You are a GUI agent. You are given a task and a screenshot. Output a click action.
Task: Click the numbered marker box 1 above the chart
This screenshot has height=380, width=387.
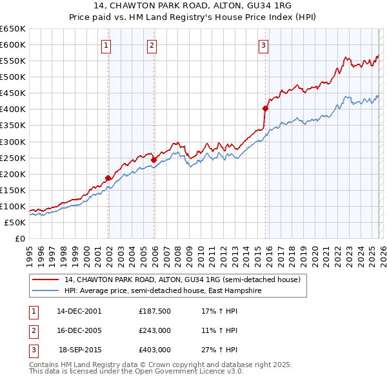(106, 45)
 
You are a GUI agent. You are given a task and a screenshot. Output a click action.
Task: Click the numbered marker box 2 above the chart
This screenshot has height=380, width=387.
(151, 45)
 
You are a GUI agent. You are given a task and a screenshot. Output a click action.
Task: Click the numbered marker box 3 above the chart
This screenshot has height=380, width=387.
(264, 45)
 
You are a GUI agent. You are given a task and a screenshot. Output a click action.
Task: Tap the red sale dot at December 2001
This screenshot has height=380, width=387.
(108, 178)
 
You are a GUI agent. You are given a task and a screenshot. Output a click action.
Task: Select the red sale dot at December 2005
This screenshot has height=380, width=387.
(154, 160)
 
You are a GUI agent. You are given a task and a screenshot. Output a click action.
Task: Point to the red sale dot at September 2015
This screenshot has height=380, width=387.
(265, 108)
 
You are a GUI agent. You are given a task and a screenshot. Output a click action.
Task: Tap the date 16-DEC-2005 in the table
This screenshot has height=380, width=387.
(79, 330)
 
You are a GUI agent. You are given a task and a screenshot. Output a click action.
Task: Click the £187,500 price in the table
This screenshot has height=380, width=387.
(154, 310)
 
